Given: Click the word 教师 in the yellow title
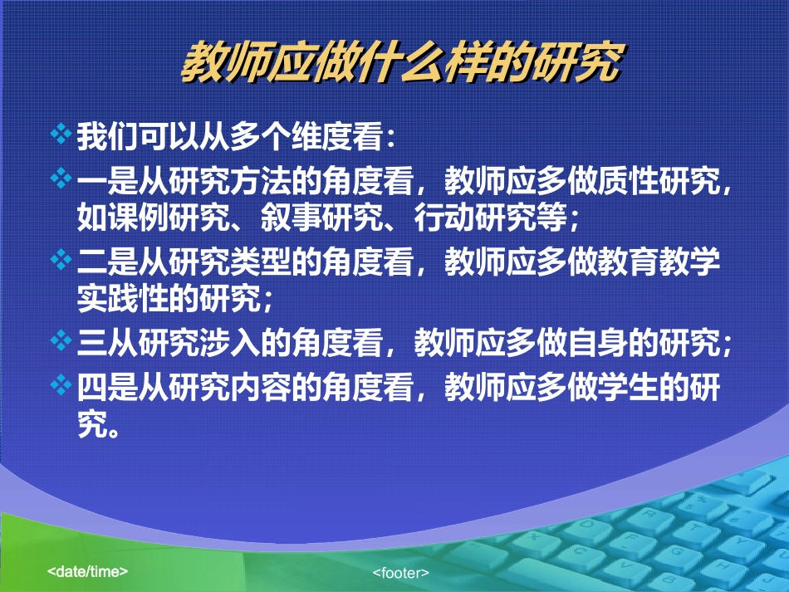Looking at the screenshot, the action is pyautogui.click(x=225, y=62).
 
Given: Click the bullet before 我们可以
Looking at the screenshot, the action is pyautogui.click(x=61, y=134).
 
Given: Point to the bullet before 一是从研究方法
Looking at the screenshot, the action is pyautogui.click(x=61, y=178).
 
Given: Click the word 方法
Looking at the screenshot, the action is pyautogui.click(x=260, y=181).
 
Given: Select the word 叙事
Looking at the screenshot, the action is pyautogui.click(x=291, y=218).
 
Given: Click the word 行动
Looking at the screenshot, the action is pyautogui.click(x=444, y=218).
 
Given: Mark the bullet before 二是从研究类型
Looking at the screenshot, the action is pyautogui.click(x=61, y=260).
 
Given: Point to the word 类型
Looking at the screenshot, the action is pyautogui.click(x=260, y=262).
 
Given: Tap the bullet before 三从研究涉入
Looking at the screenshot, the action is pyautogui.click(x=61, y=340).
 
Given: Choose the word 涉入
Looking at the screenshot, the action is pyautogui.click(x=229, y=343).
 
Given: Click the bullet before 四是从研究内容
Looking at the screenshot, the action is pyautogui.click(x=61, y=384).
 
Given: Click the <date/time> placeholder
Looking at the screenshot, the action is pyautogui.click(x=87, y=571).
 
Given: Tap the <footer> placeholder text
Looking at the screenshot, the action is pyautogui.click(x=400, y=573).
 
